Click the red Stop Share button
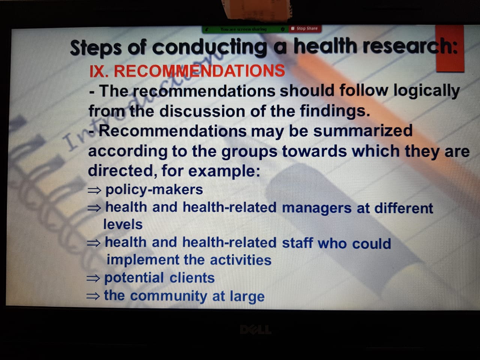(x=305, y=28)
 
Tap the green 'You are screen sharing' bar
(x=245, y=29)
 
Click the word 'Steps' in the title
(x=96, y=47)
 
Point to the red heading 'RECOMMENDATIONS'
(x=199, y=71)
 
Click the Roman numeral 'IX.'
(x=99, y=71)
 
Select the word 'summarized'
(x=363, y=131)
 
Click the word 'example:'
(x=224, y=171)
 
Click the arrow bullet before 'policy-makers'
(x=94, y=190)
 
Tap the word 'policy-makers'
(x=154, y=190)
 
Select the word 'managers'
(x=316, y=208)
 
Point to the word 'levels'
(x=123, y=224)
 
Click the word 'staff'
(x=297, y=243)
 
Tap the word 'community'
(x=168, y=296)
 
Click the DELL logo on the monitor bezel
(x=256, y=329)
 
